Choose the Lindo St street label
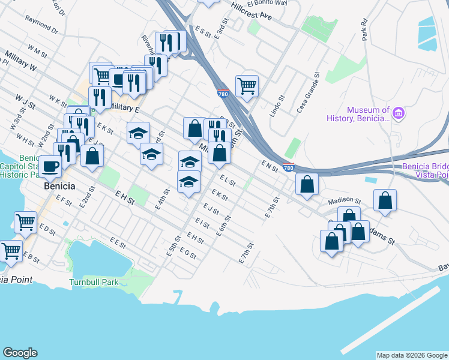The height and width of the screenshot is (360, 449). [277, 106]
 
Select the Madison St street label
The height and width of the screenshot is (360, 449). [344, 202]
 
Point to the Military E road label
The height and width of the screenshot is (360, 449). [124, 109]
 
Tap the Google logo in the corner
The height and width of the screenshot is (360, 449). [20, 352]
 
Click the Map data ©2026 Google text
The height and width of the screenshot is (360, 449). [412, 355]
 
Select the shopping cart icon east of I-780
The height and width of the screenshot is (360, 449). [247, 86]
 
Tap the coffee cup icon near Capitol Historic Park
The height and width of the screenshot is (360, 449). [50, 166]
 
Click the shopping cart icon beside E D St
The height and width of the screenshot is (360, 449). [25, 221]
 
